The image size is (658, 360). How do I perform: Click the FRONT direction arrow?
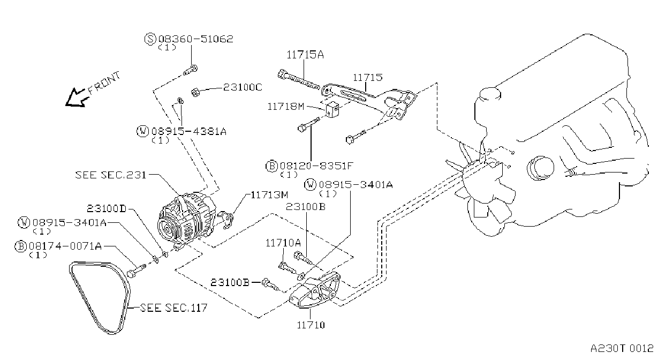[x=76, y=97]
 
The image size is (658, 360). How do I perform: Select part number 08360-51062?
[x=196, y=39]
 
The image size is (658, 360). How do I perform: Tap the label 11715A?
[x=305, y=55]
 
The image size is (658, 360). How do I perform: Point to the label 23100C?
[x=243, y=87]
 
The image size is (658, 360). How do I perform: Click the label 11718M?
[x=286, y=107]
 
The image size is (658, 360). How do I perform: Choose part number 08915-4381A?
[x=189, y=131]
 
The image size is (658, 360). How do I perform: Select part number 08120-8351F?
[x=316, y=166]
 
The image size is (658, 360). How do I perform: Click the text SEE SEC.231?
[x=111, y=175]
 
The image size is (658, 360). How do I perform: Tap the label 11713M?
[x=269, y=195]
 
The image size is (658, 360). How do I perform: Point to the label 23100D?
[x=107, y=208]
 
